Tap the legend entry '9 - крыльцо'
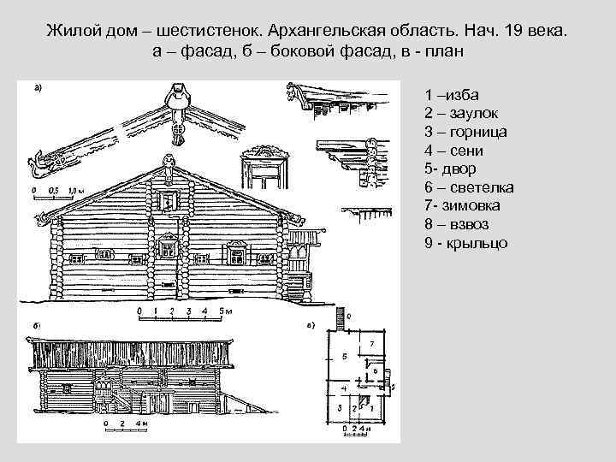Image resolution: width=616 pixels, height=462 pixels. tap(465, 243)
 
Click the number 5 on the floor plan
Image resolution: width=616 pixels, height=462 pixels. tap(344, 355)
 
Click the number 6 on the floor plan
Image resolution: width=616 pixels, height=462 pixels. tap(375, 370)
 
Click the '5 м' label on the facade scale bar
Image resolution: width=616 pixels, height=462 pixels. tap(225, 311)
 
